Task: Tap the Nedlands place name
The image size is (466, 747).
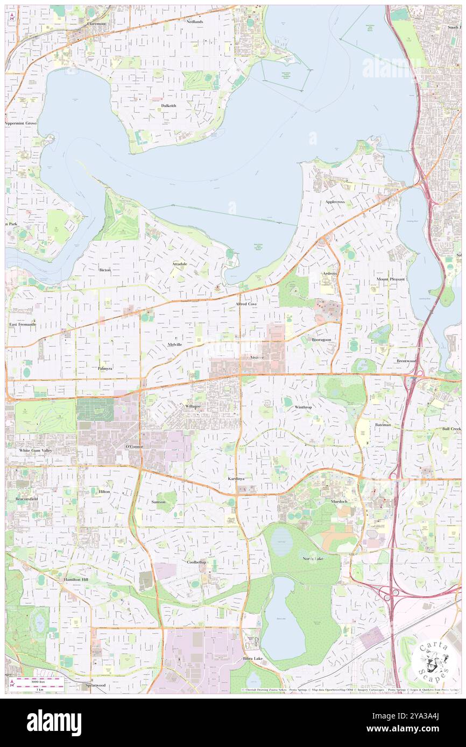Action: click(195, 21)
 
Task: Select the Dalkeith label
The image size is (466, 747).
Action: click(168, 106)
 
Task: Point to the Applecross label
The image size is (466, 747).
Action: click(335, 202)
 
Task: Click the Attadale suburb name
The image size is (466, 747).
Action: click(180, 264)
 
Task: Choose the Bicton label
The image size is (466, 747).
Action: click(104, 270)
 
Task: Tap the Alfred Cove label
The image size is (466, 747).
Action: click(246, 304)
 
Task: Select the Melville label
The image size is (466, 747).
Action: click(174, 344)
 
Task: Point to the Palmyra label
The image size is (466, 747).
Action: click(105, 369)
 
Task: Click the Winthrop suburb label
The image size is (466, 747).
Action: click(303, 407)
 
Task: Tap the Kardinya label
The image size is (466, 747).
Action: click(236, 478)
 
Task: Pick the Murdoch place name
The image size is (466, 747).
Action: click(339, 501)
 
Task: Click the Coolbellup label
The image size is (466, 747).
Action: click(196, 562)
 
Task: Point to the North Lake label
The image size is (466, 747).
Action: click(313, 559)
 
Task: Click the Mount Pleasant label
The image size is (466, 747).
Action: click(391, 279)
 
